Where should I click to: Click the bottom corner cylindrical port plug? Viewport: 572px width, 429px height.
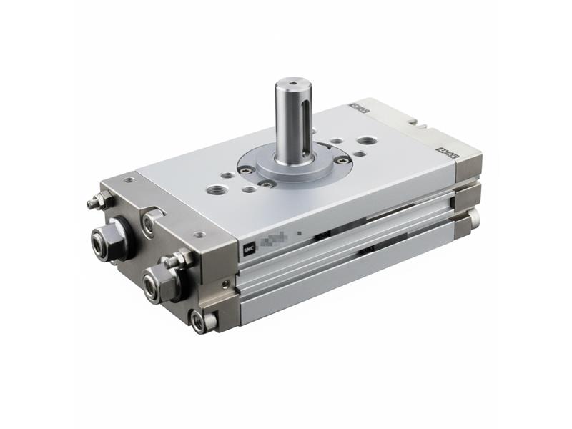click(x=201, y=321)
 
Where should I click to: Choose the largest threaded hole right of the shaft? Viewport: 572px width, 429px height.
click(x=367, y=141)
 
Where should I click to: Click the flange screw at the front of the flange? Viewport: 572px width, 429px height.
click(x=269, y=183)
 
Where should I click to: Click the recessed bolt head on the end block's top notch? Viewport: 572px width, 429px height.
click(x=149, y=223)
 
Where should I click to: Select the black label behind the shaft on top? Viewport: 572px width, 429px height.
click(x=357, y=109)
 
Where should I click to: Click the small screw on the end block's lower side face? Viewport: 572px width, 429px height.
click(x=228, y=284)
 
